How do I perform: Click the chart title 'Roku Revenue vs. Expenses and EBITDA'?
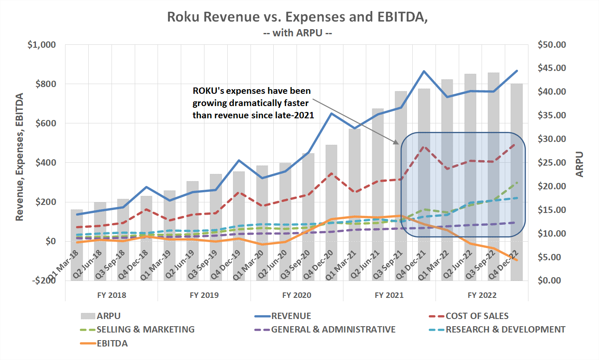click(x=297, y=17)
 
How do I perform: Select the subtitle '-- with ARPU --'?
click(x=297, y=33)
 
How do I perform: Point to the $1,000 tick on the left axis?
click(x=42, y=45)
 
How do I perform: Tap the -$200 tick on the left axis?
click(x=44, y=281)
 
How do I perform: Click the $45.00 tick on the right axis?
click(x=552, y=68)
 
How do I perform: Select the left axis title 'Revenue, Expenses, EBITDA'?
click(x=19, y=157)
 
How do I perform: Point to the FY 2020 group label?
click(x=297, y=295)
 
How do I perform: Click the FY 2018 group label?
click(x=112, y=295)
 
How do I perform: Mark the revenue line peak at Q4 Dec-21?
click(x=424, y=71)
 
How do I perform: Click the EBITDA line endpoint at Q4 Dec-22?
click(x=517, y=260)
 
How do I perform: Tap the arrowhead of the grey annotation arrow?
click(x=397, y=144)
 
